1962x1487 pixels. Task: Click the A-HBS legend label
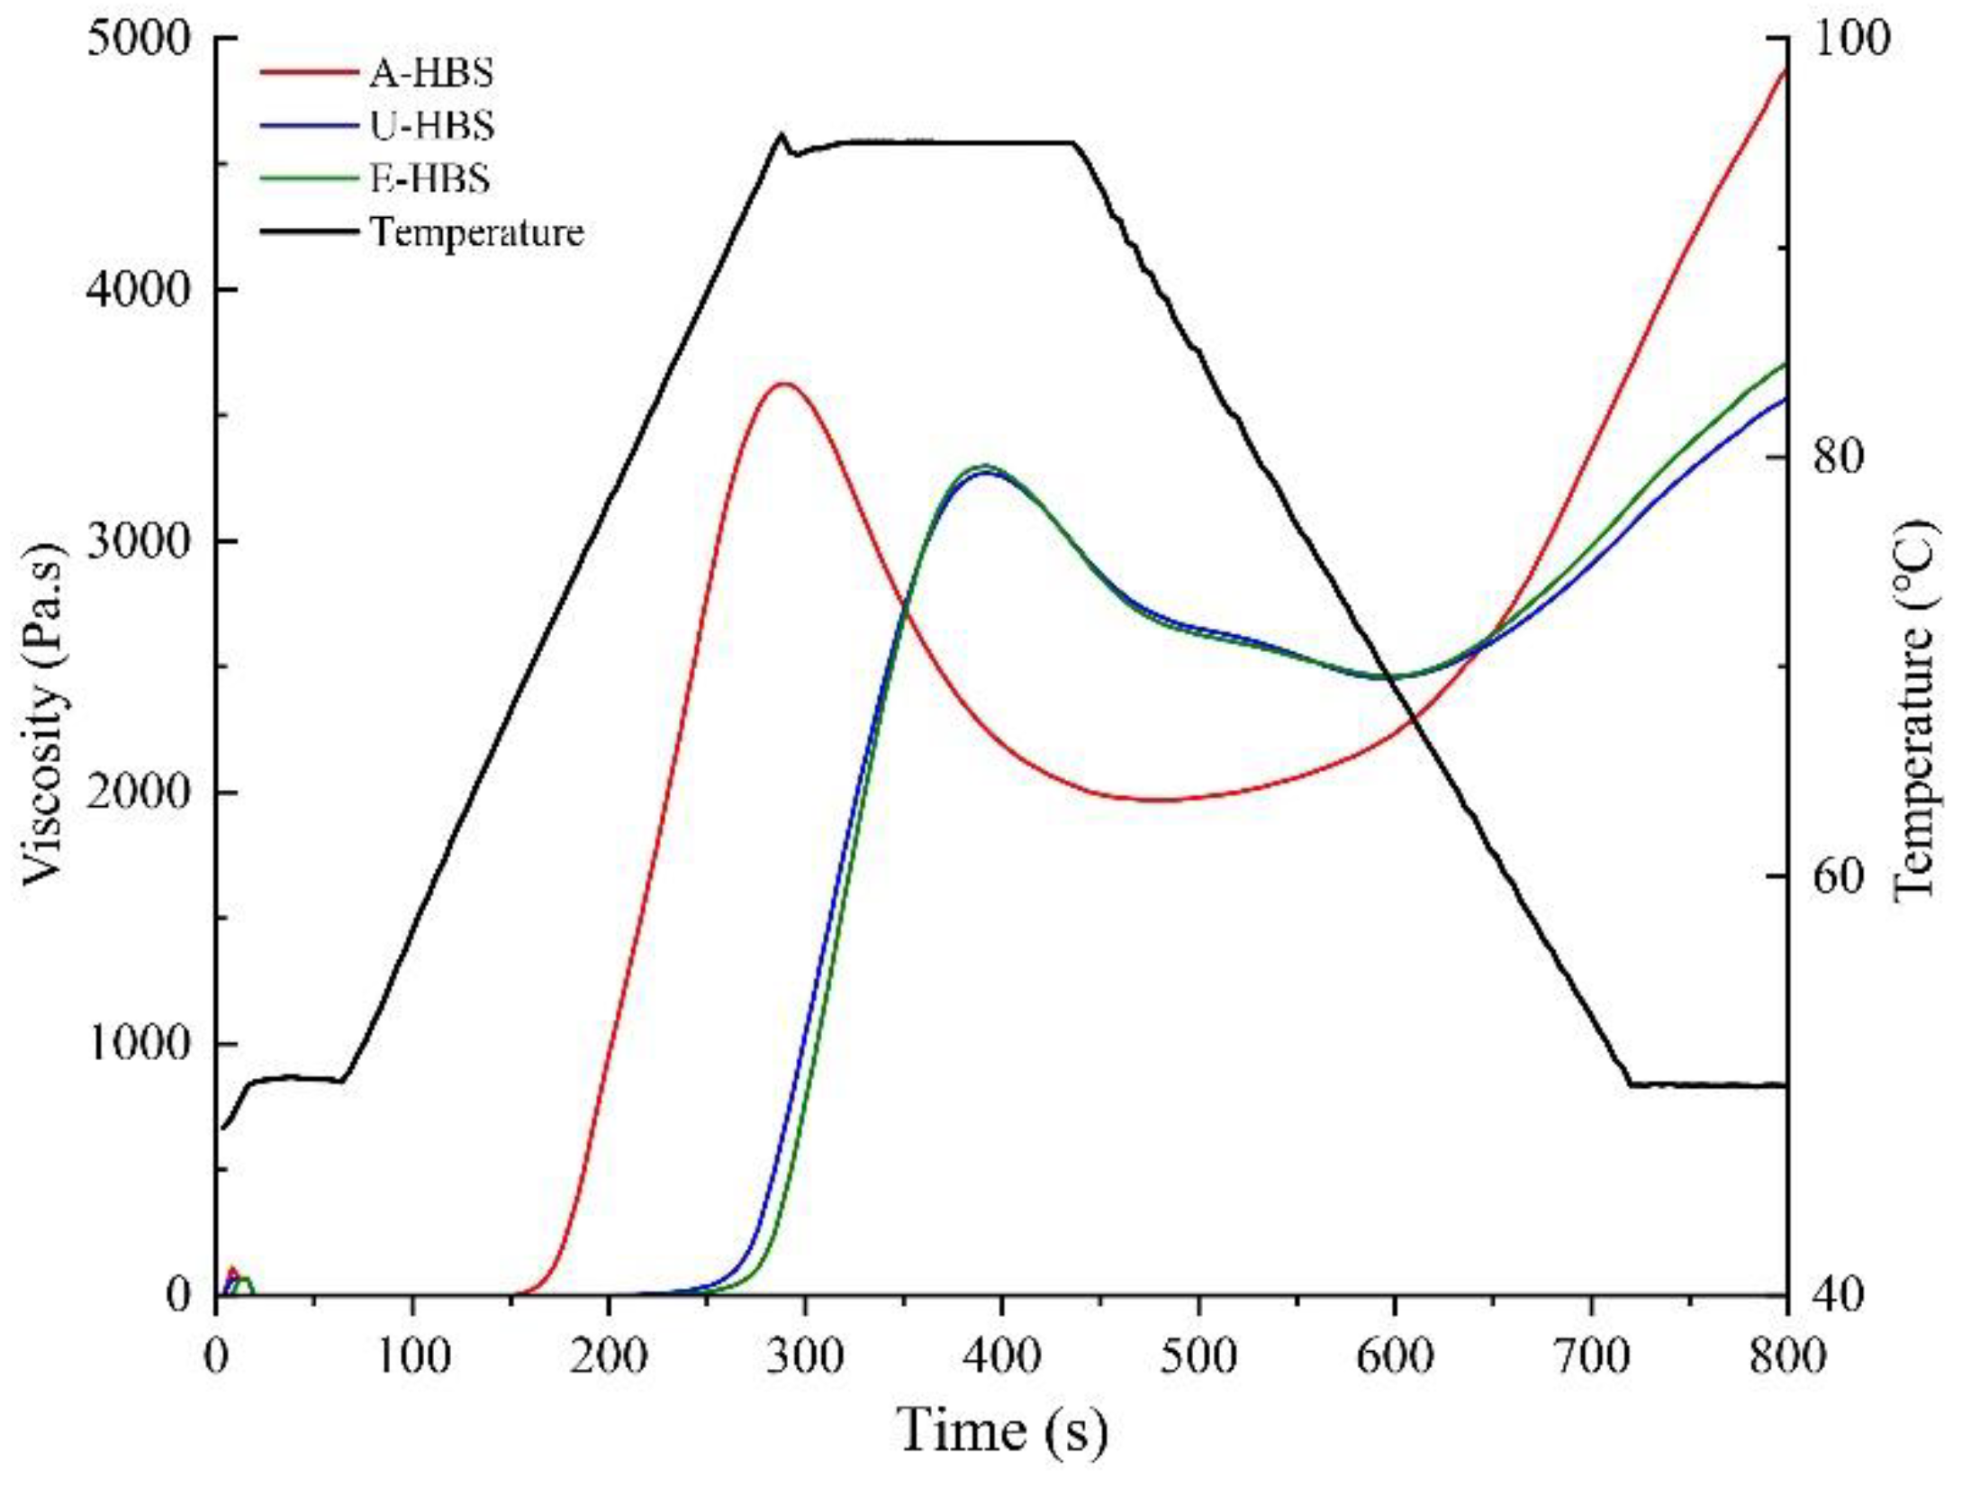tap(431, 73)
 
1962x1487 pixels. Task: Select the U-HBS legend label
tap(431, 125)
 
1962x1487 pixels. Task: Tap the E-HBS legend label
tap(429, 178)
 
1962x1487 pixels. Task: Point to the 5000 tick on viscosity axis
tap(139, 39)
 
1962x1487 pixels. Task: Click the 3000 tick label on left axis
tap(139, 541)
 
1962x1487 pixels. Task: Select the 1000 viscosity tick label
tap(139, 1045)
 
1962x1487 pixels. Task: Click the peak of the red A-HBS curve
tap(786, 385)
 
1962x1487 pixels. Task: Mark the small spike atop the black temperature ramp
tap(781, 135)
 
